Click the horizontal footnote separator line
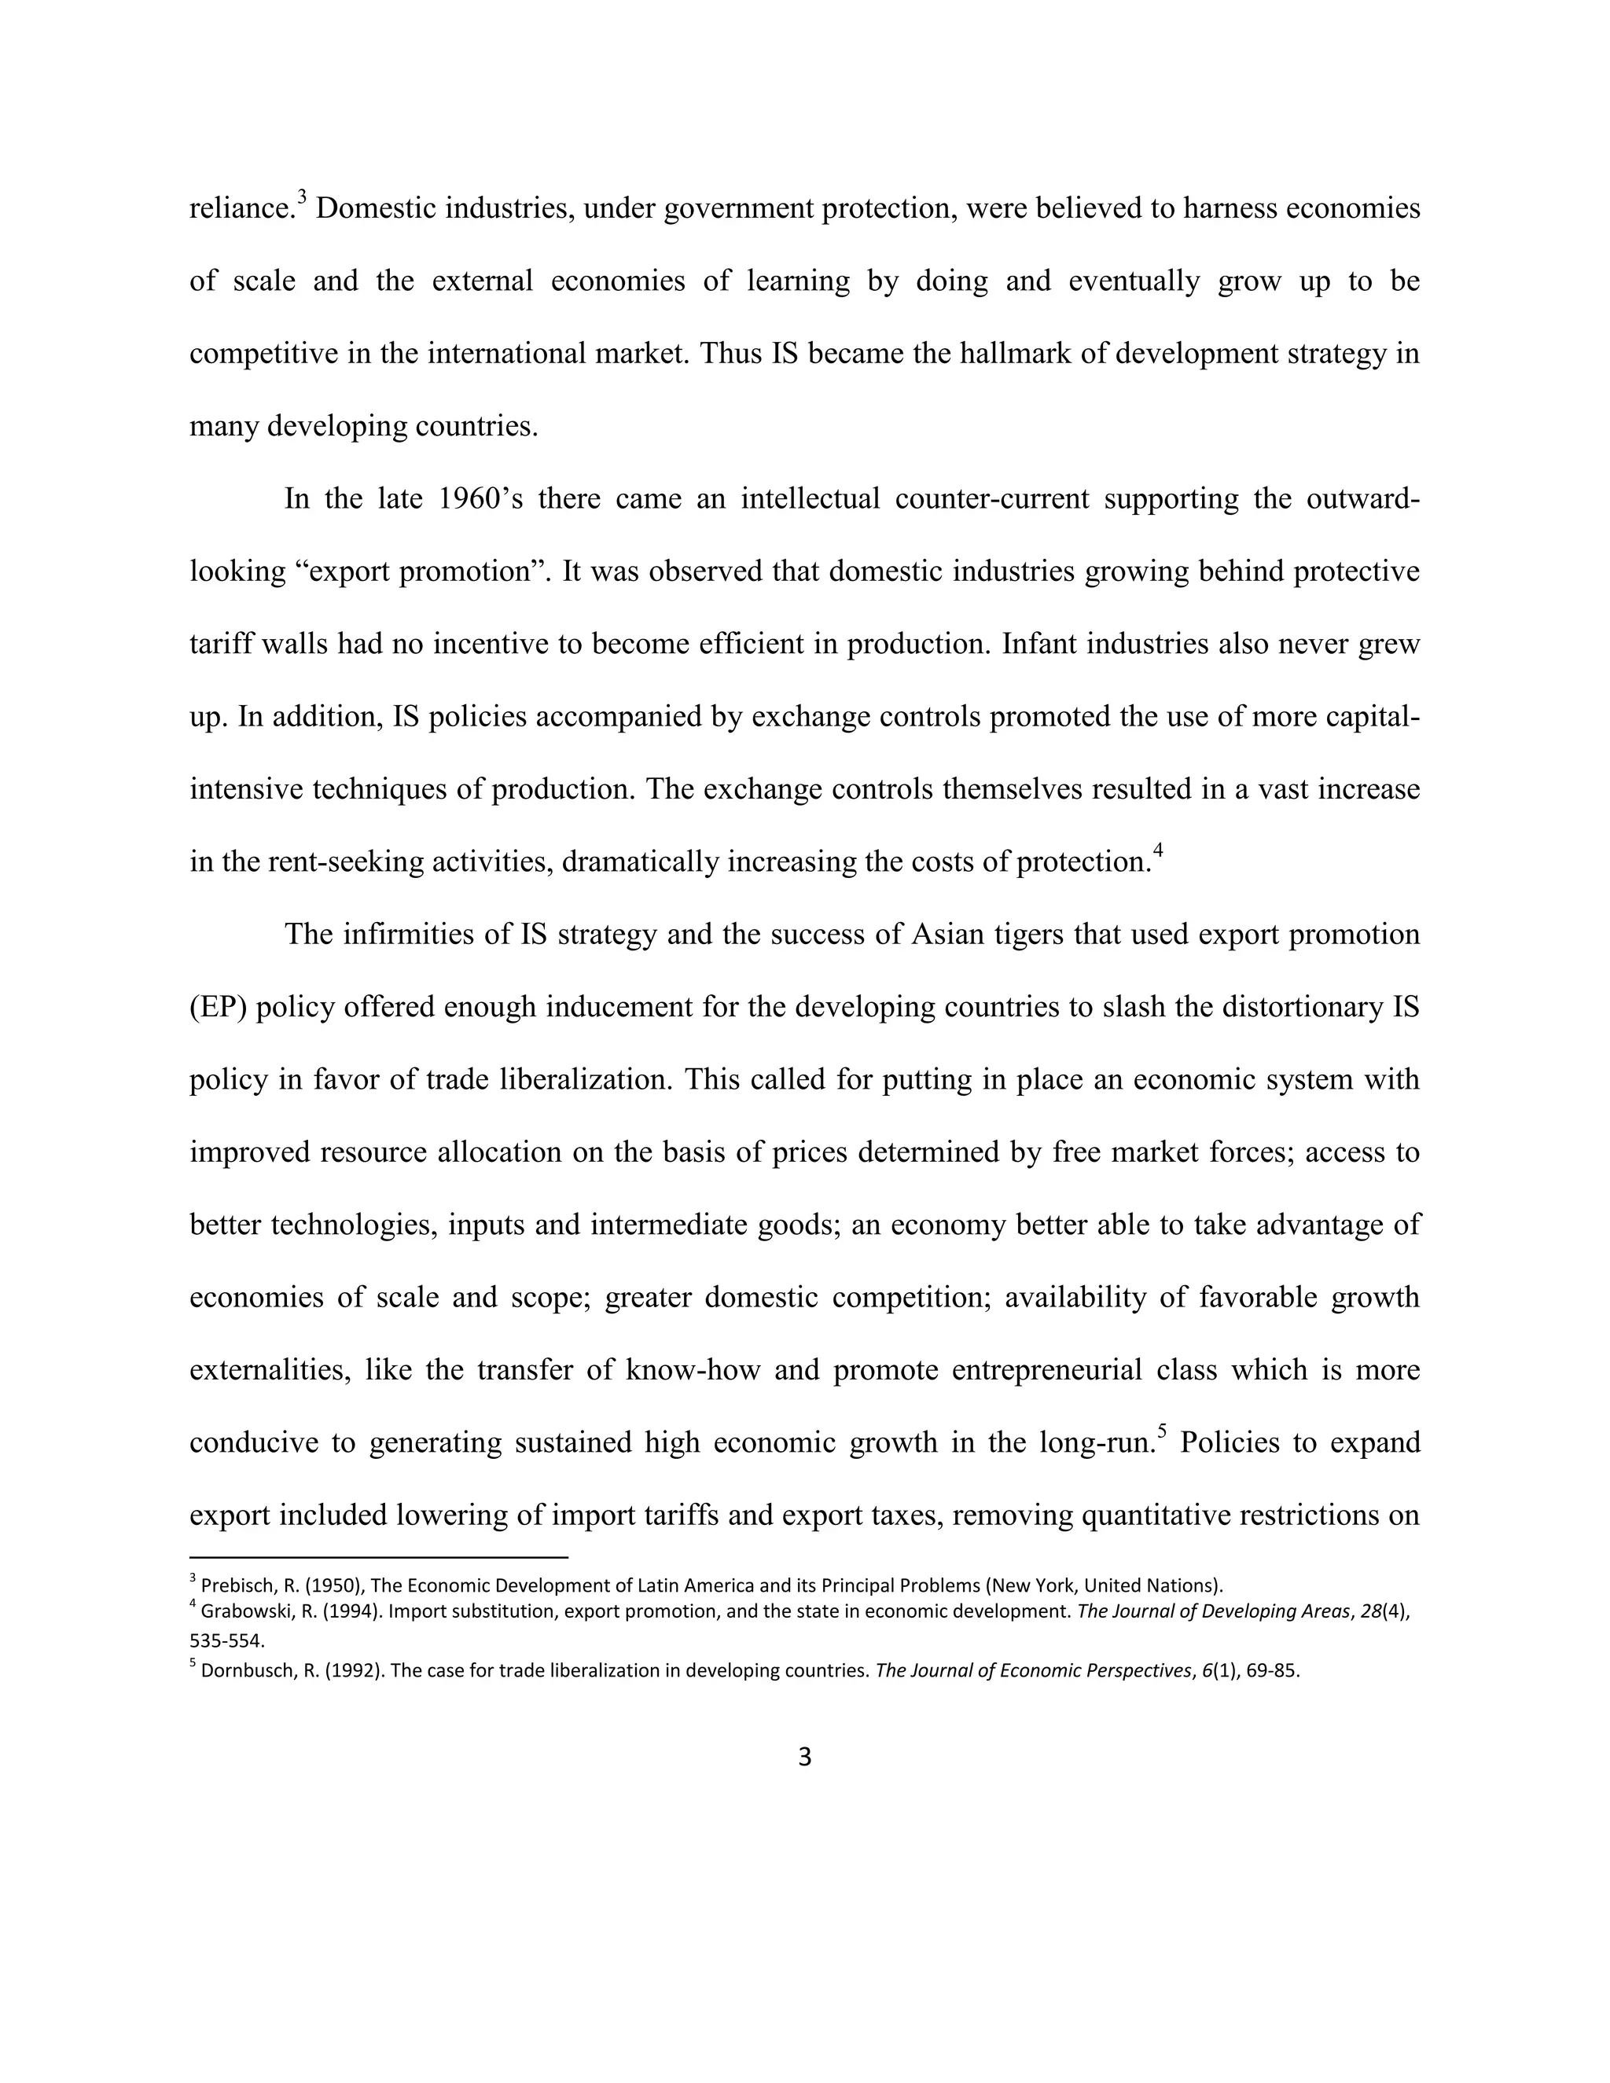379,1557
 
